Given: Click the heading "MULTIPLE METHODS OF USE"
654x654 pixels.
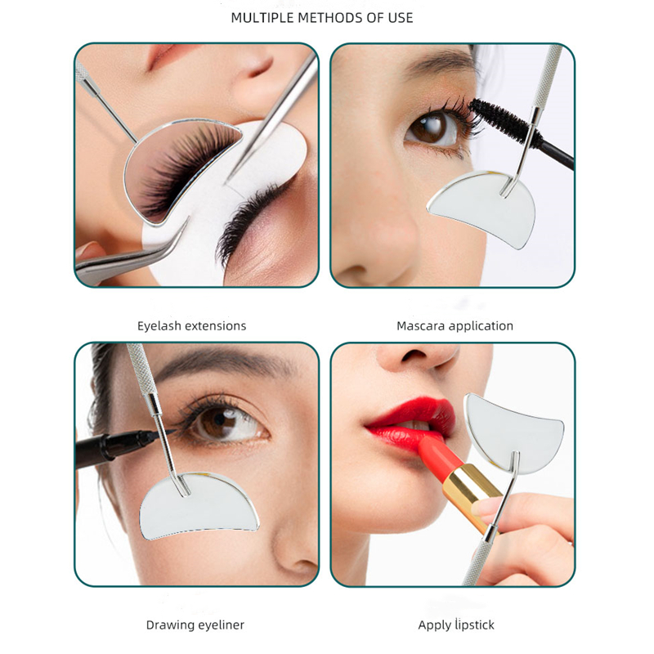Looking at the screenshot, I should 327,17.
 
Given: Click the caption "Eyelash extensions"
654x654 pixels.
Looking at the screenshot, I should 191,325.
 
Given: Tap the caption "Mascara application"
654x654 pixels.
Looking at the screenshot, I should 455,325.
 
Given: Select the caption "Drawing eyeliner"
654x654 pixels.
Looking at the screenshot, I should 195,625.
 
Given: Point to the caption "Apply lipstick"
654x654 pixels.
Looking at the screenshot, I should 456,625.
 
